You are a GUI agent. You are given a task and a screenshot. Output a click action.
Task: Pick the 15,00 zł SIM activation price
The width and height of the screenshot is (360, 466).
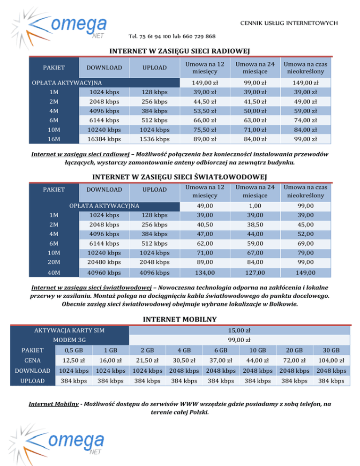239,331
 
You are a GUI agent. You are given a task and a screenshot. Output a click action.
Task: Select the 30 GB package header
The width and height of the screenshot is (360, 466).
331,350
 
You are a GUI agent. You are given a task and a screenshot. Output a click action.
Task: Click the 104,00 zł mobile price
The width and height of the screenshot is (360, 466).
331,361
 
